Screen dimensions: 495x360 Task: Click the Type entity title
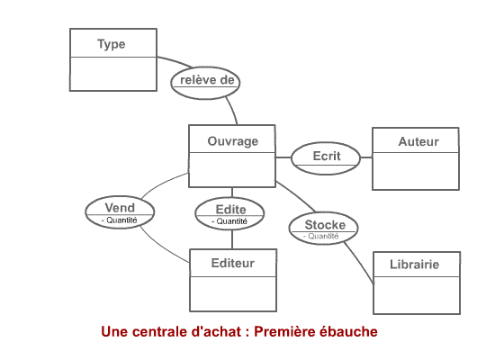point(111,44)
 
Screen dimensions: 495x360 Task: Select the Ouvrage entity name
point(233,141)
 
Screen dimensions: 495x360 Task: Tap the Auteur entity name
point(418,141)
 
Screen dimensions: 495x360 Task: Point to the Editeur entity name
point(233,263)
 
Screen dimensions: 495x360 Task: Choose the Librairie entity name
point(414,265)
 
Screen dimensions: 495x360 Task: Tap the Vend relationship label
point(120,208)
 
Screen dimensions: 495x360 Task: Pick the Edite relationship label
point(230,210)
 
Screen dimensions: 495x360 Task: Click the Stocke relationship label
point(325,225)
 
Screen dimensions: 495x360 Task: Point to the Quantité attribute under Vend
point(120,220)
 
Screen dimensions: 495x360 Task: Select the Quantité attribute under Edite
point(229,221)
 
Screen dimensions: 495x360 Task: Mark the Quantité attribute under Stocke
point(321,236)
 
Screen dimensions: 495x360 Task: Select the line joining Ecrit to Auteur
point(366,157)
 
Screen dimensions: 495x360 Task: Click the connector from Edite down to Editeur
point(232,239)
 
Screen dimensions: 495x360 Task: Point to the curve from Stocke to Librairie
point(360,262)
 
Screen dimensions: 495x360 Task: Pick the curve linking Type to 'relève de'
point(175,60)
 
